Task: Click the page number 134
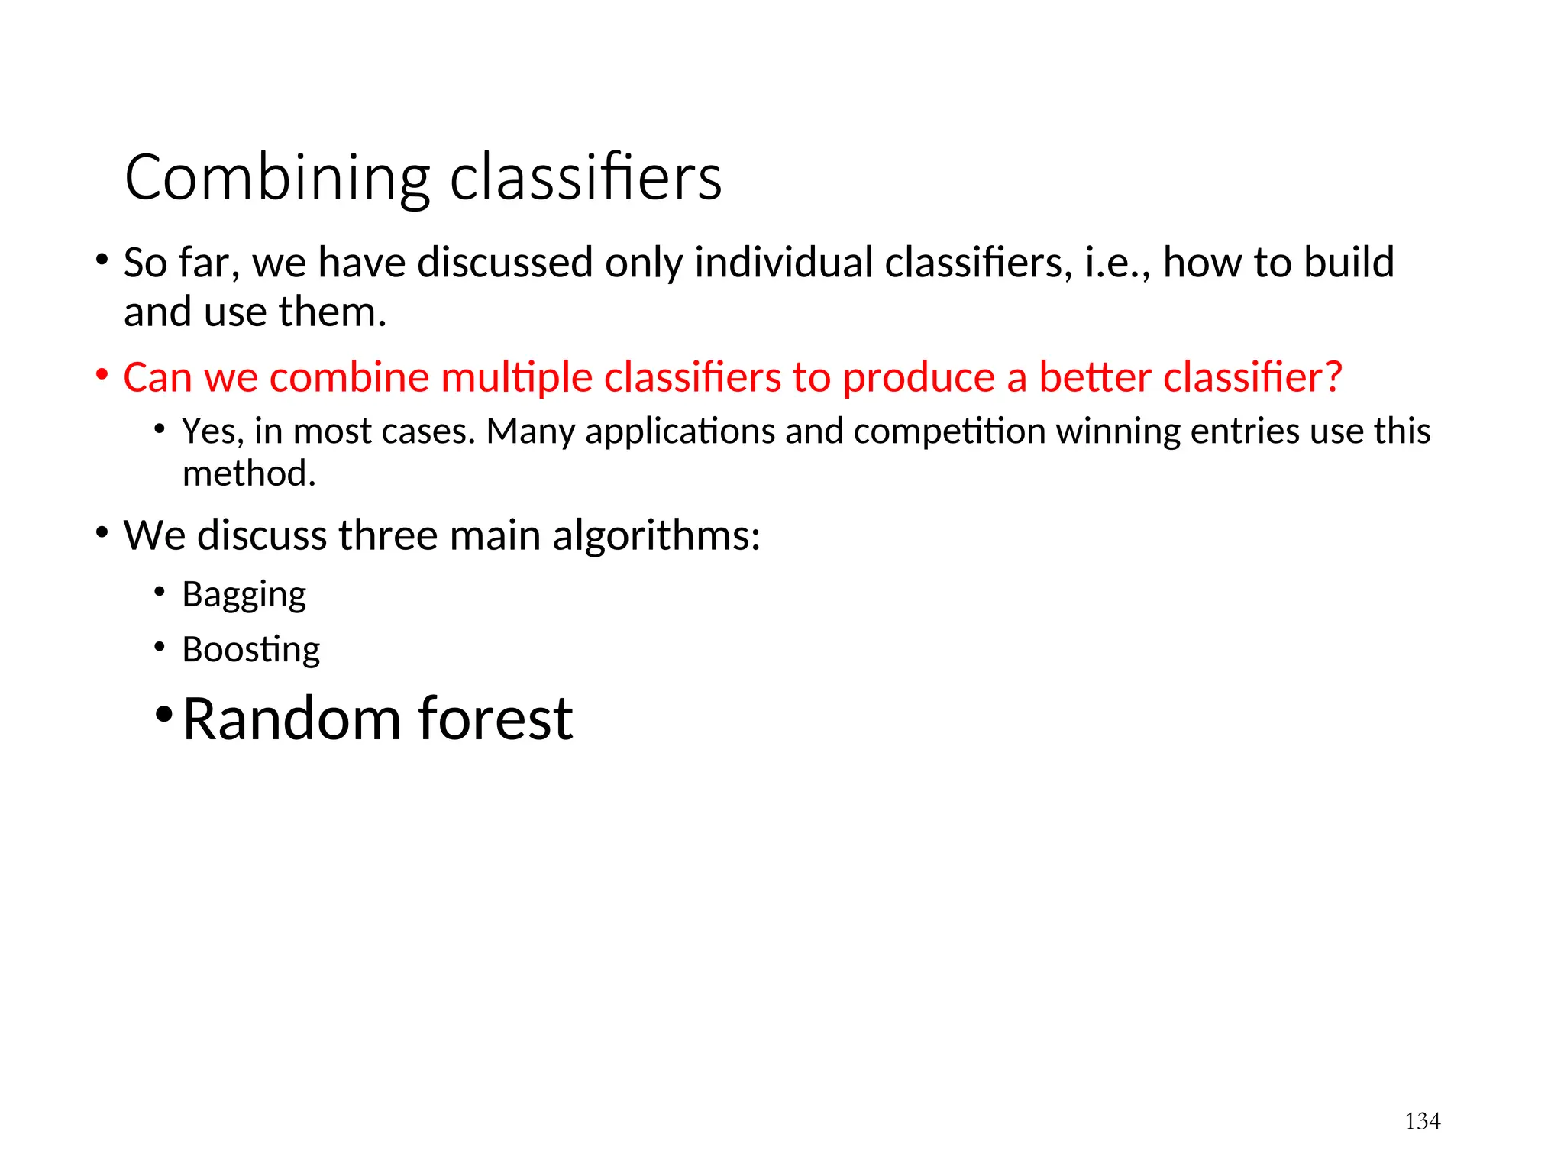point(1422,1121)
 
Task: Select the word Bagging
point(244,595)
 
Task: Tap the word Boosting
point(250,650)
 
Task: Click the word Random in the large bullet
point(291,719)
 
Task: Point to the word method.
point(248,473)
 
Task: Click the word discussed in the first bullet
point(505,263)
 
